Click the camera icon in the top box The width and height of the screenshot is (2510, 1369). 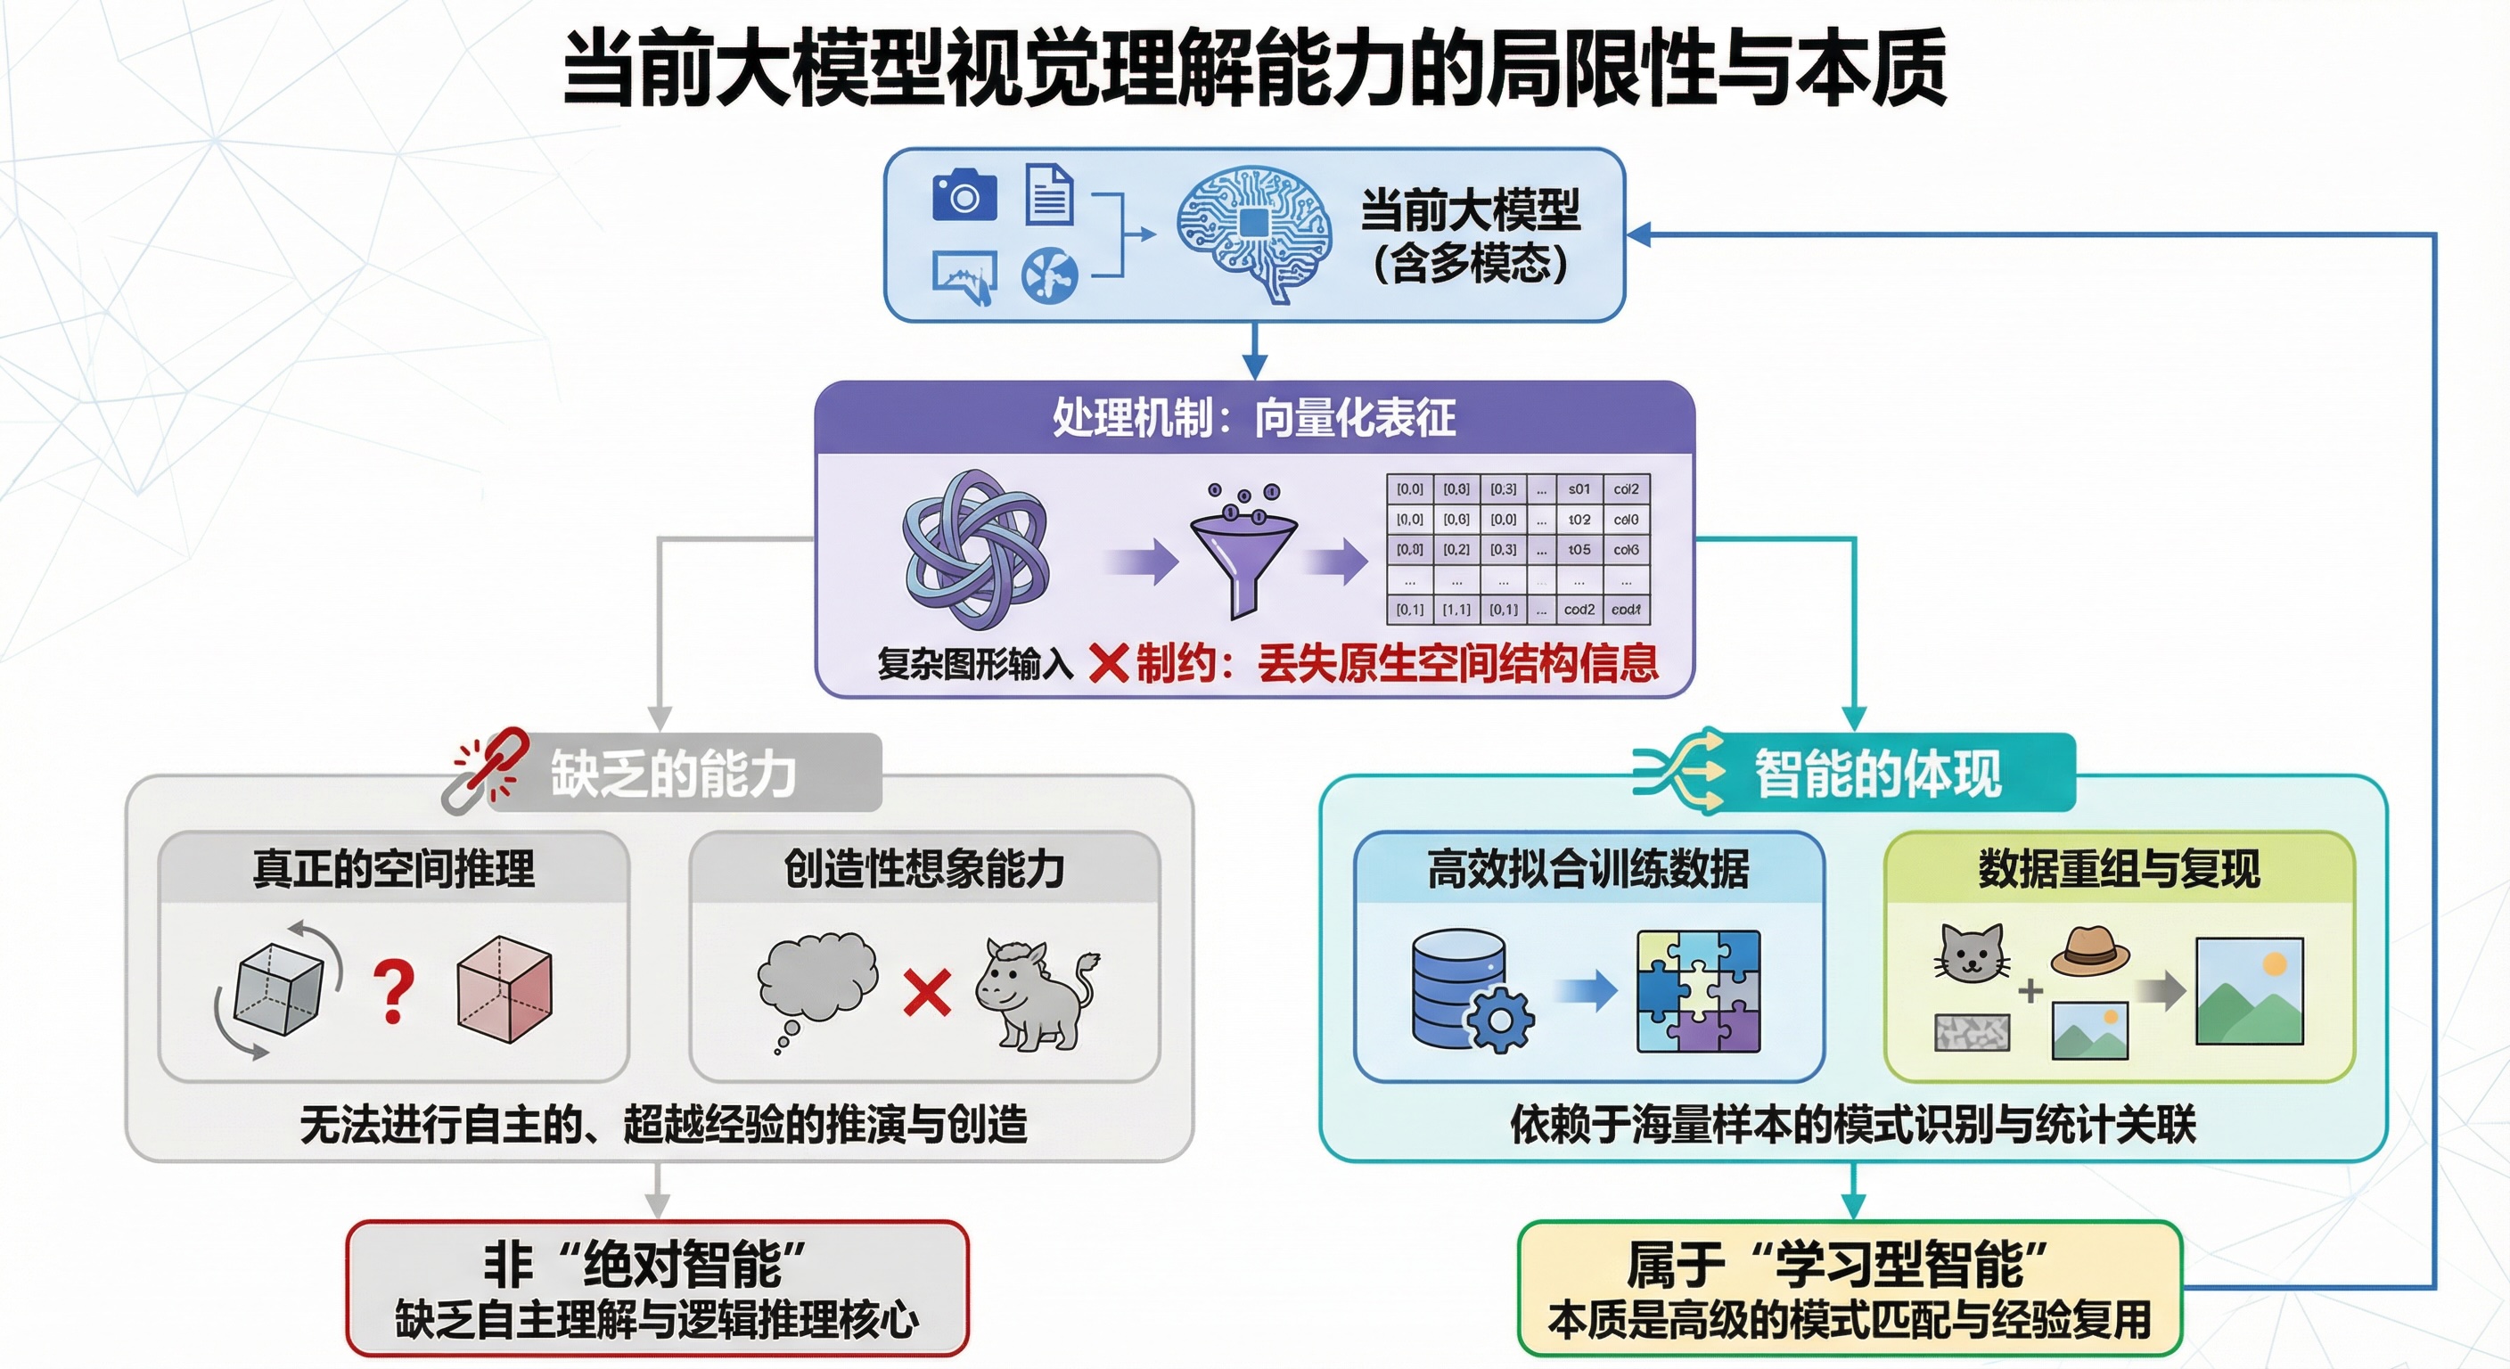[x=964, y=196]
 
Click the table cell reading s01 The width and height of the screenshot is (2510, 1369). [x=1579, y=489]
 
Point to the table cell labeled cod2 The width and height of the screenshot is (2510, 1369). [x=1579, y=610]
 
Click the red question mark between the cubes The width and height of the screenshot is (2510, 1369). [x=394, y=992]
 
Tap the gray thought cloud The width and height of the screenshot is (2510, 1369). [x=816, y=979]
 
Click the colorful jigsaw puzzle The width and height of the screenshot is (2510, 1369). [x=1698, y=991]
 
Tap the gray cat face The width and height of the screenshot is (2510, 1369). [x=1971, y=953]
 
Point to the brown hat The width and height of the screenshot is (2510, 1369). [x=2089, y=950]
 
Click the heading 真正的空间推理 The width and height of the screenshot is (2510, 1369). [x=394, y=868]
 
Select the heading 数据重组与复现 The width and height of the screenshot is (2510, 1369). [x=2120, y=868]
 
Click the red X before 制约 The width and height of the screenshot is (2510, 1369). [x=1108, y=665]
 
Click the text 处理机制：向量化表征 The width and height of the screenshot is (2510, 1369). [x=1254, y=418]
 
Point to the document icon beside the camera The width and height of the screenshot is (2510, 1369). [x=1049, y=195]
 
